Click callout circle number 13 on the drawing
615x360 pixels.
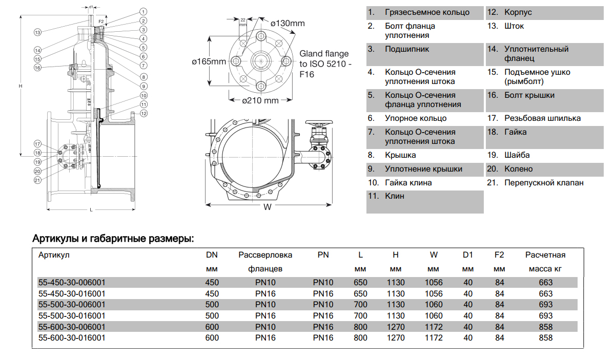[x=37, y=32]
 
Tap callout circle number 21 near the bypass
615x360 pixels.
[x=37, y=180]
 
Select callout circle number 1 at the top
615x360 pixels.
[x=143, y=11]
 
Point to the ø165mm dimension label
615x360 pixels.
[x=209, y=61]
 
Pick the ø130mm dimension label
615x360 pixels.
[x=288, y=23]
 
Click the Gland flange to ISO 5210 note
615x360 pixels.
[x=325, y=63]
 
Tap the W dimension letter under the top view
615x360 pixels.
[x=268, y=207]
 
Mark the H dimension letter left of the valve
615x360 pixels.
[x=20, y=86]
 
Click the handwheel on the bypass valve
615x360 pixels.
[x=319, y=124]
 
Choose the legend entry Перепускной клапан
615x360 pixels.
[x=543, y=183]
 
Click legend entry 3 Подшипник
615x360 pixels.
[x=406, y=49]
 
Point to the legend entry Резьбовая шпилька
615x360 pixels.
[x=542, y=118]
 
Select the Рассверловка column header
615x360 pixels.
[x=265, y=255]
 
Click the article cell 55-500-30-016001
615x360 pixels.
[x=72, y=315]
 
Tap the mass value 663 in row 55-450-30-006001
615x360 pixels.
[x=546, y=282]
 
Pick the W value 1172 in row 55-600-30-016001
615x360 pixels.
[x=434, y=338]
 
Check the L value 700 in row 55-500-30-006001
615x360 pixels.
[x=360, y=305]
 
